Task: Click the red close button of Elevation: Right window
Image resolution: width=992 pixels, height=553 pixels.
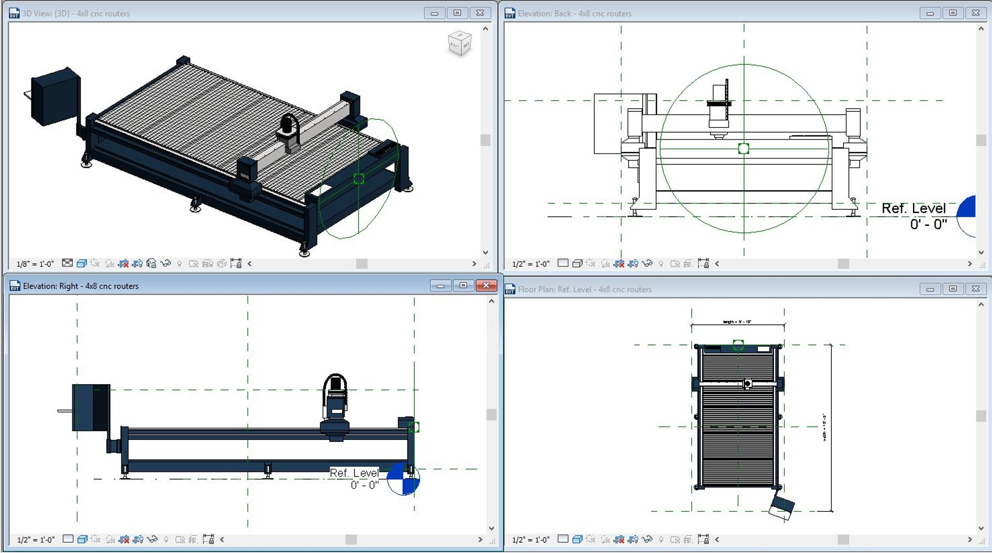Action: tap(486, 286)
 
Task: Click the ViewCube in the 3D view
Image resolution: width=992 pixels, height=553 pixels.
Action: tap(459, 43)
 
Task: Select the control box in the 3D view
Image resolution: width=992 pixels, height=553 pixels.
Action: tap(55, 97)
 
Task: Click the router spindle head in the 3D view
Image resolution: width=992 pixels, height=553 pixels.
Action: tap(289, 132)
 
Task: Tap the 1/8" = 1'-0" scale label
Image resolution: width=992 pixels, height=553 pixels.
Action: tap(35, 264)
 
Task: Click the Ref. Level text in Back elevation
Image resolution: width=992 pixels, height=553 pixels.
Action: tap(913, 208)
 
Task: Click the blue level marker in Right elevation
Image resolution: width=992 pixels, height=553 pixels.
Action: tap(404, 479)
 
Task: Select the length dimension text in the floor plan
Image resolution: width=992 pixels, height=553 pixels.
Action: tap(737, 322)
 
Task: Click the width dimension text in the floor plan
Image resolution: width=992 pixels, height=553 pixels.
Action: tap(824, 427)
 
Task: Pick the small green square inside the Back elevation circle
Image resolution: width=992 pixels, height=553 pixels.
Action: tap(743, 149)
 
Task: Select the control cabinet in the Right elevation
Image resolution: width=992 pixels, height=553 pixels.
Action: tap(91, 407)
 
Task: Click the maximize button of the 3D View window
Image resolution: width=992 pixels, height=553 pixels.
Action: tap(457, 13)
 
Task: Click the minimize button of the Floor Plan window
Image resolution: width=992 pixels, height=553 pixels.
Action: tap(929, 289)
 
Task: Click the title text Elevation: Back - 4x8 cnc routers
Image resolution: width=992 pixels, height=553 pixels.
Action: tap(575, 13)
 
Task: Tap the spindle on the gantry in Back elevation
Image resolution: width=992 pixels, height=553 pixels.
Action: tap(718, 111)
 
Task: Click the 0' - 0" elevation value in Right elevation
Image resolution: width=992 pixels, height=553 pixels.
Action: tap(364, 485)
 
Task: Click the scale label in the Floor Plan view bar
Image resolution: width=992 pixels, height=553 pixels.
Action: tap(531, 540)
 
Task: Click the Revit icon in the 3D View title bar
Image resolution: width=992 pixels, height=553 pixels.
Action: tap(14, 13)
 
